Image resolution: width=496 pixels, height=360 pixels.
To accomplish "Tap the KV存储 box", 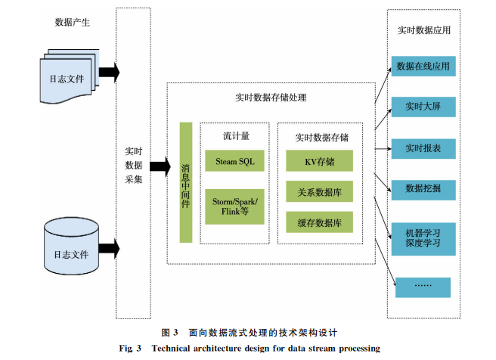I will tap(319, 163).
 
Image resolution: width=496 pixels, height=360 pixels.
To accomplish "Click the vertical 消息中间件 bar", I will tap(186, 182).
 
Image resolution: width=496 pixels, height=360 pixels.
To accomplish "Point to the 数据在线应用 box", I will tap(423, 67).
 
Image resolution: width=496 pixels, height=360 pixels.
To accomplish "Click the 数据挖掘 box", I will tap(423, 188).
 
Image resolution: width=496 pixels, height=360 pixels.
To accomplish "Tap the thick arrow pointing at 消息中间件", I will tap(160, 167).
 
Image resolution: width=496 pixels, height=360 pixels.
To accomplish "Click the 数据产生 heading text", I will tap(73, 23).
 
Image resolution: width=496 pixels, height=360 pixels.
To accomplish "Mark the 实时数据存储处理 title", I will tap(271, 98).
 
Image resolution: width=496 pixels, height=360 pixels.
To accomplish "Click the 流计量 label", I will tap(236, 137).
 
